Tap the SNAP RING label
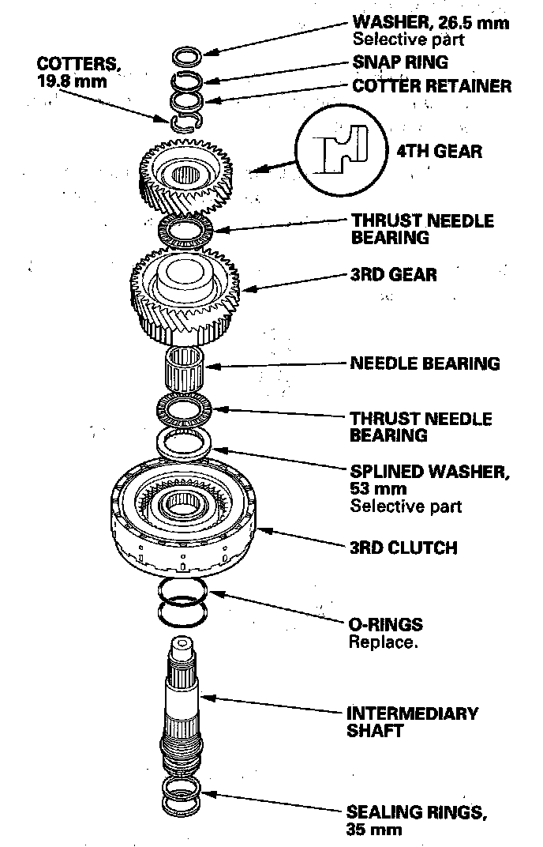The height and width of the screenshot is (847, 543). tap(401, 62)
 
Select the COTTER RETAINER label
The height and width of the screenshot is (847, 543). tap(431, 85)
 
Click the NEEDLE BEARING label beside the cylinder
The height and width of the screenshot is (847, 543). tap(425, 363)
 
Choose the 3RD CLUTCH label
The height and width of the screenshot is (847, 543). tap(403, 548)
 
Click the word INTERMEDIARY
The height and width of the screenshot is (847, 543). tap(413, 713)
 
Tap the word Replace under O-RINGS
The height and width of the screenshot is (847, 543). tap(383, 642)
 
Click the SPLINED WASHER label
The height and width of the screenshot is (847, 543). tap(429, 472)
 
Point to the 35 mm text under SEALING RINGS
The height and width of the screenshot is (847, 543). tap(374, 830)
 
